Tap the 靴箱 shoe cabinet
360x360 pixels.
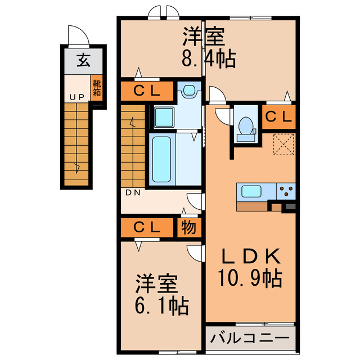[97, 87]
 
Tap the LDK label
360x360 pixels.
[249, 257]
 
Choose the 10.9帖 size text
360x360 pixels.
[249, 277]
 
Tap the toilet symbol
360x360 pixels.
[245, 128]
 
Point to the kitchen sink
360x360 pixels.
[251, 191]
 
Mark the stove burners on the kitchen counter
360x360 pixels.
[286, 191]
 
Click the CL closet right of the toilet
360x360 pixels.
[279, 117]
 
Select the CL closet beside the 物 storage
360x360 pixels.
[147, 228]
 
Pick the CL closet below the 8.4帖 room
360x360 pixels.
[147, 91]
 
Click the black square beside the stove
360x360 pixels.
[290, 206]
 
